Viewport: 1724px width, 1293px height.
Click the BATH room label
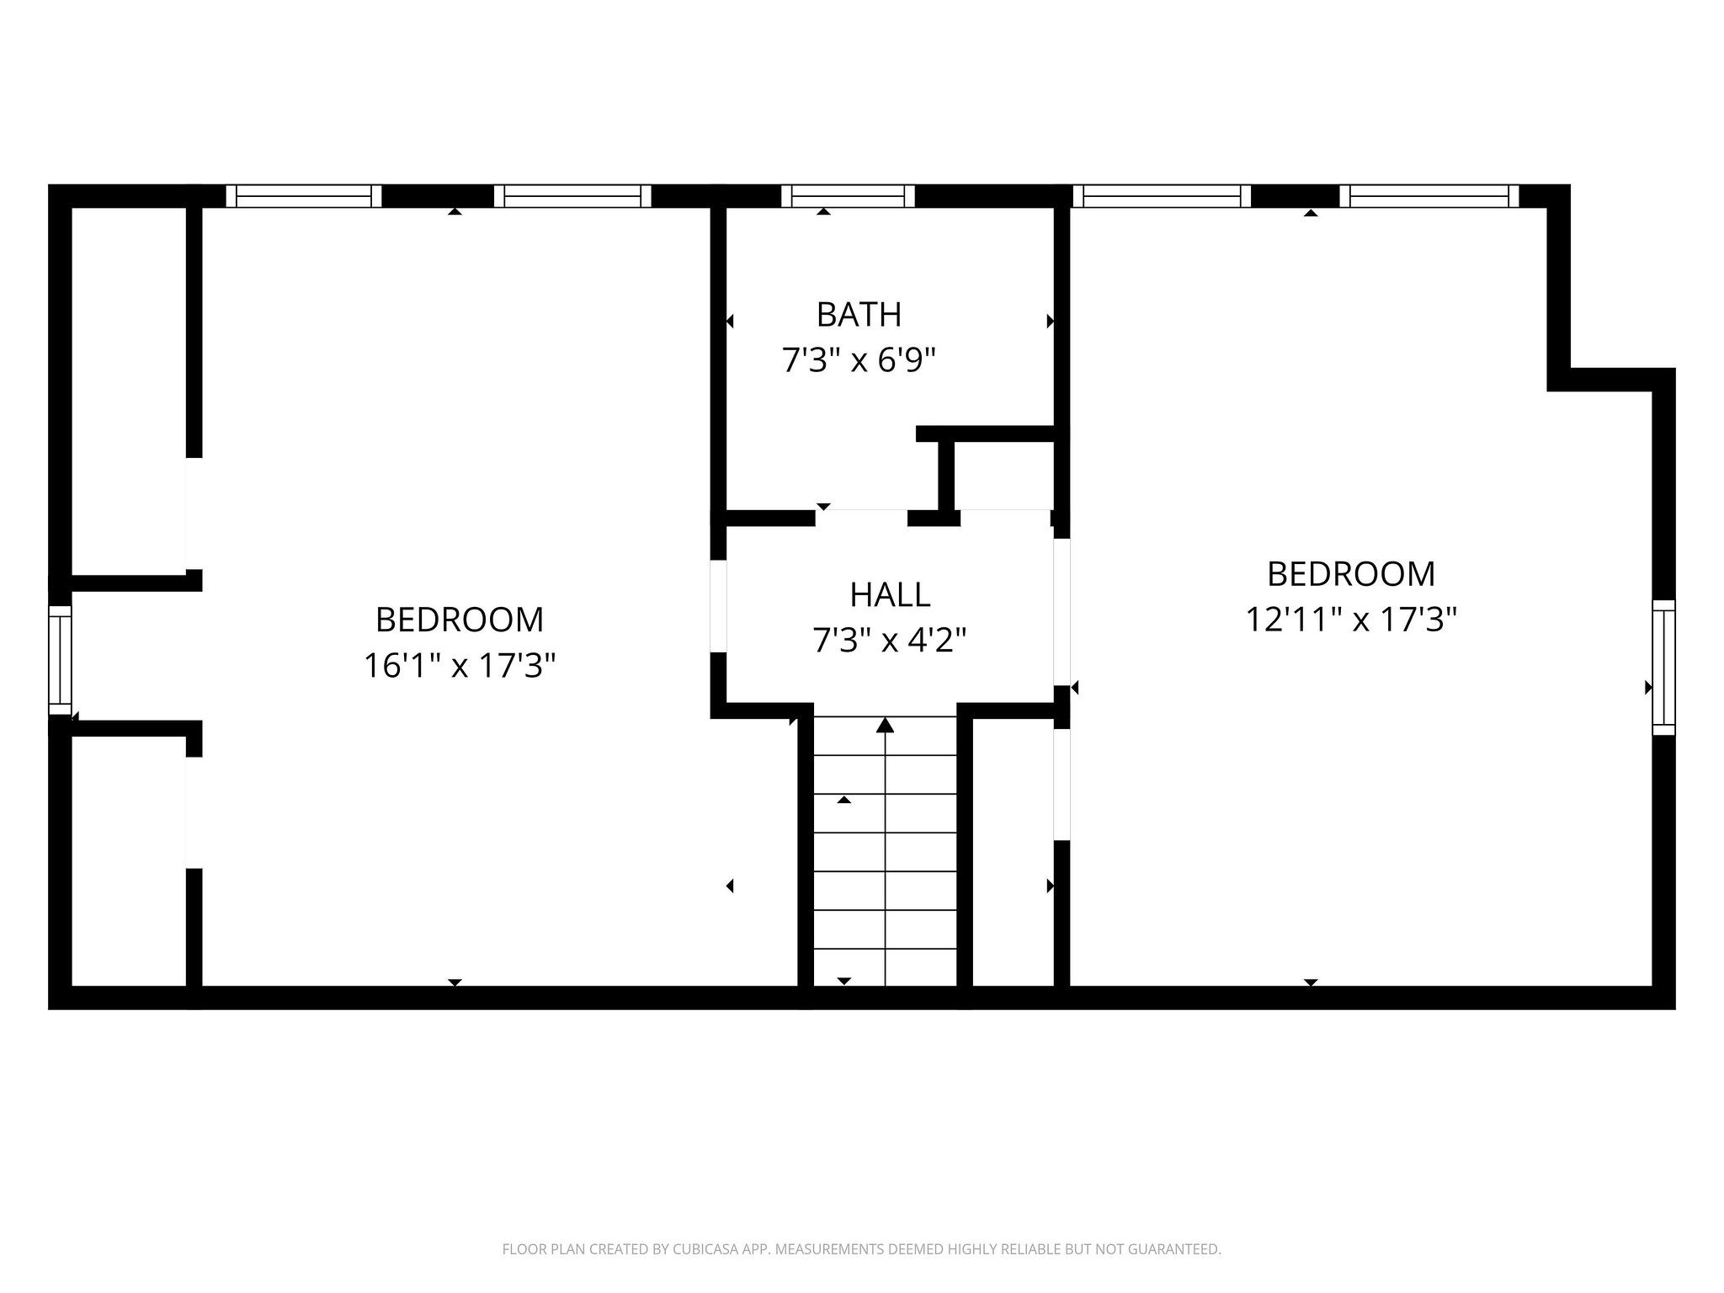(859, 315)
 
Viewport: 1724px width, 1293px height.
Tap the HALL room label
(890, 595)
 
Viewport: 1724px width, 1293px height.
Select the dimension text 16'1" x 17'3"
(460, 666)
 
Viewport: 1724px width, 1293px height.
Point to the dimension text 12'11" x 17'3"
(1351, 620)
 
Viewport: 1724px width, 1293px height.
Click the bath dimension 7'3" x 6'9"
(859, 361)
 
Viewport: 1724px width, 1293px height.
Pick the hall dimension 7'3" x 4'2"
(889, 641)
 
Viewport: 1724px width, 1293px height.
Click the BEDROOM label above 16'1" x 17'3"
(460, 620)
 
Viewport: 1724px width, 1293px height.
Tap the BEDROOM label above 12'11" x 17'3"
(1351, 574)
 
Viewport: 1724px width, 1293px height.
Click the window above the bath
(848, 196)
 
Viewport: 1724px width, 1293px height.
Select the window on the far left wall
(60, 660)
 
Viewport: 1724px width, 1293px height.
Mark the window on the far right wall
(1663, 668)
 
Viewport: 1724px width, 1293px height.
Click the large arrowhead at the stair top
(885, 725)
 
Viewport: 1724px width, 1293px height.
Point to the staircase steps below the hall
(885, 850)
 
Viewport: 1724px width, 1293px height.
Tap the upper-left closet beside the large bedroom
(129, 391)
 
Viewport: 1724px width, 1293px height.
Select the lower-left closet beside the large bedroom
(129, 860)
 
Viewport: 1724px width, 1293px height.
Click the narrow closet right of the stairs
(1014, 852)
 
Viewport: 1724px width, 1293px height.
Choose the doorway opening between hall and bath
(861, 518)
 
